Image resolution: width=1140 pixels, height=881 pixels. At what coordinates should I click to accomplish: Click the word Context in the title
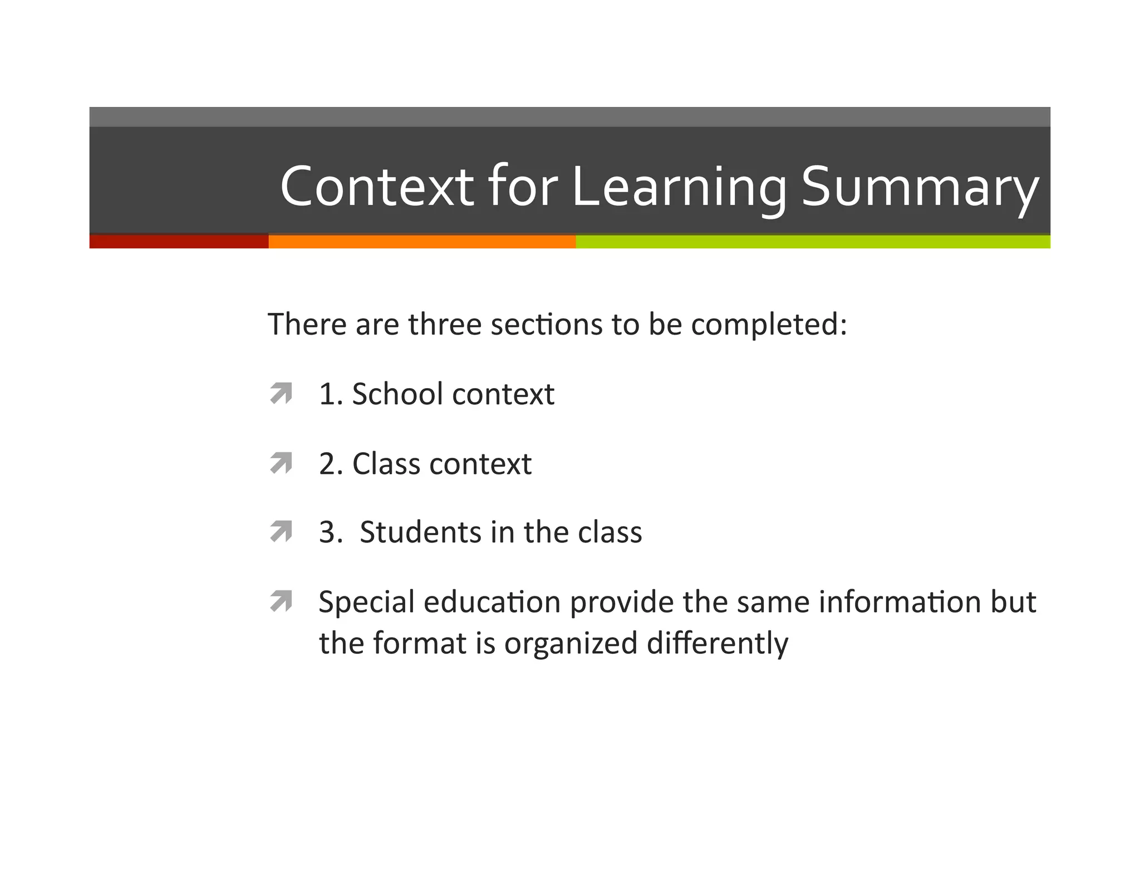click(377, 187)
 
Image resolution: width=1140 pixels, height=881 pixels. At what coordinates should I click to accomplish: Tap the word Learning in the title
click(679, 187)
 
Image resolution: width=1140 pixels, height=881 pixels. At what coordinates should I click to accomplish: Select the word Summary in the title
click(920, 187)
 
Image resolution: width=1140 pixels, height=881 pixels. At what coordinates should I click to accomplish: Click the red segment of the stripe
click(178, 242)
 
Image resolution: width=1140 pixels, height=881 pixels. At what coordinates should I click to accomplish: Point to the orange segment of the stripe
click(421, 242)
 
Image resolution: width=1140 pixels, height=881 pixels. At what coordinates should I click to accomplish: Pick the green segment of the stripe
click(813, 242)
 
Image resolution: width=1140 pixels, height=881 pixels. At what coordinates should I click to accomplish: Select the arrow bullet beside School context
click(281, 393)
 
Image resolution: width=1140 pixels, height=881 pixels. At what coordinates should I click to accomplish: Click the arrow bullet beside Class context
click(281, 463)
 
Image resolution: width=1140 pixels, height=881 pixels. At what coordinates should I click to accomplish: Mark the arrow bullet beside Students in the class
click(281, 531)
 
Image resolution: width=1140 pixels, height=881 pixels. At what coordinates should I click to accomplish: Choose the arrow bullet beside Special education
click(281, 601)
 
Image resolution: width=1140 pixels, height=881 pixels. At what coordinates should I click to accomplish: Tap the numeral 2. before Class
click(331, 464)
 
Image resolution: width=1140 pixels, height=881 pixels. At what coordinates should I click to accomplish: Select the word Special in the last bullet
click(366, 602)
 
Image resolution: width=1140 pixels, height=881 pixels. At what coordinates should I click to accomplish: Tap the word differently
click(718, 643)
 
